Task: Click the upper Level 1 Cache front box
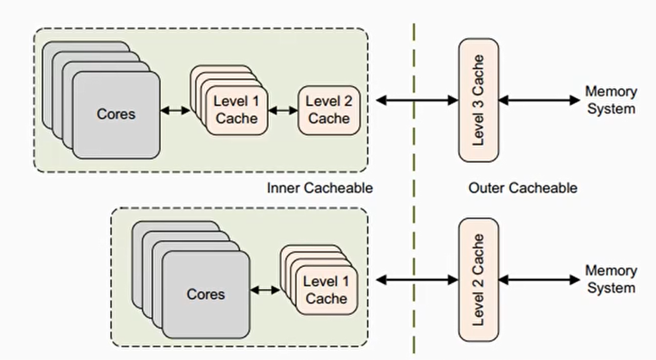pos(236,109)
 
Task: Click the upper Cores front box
pos(115,114)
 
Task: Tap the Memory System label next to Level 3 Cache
pos(610,100)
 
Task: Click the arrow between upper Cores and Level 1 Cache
pos(175,110)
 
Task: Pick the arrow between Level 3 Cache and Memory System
pos(539,101)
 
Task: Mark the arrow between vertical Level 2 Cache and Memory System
pos(539,279)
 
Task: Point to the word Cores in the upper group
pos(115,114)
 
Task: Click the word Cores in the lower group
pos(205,294)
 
